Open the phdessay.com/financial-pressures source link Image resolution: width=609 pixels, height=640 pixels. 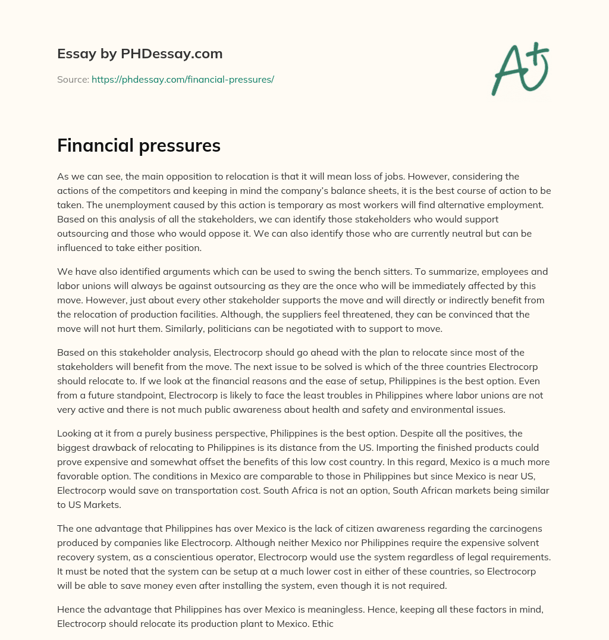pyautogui.click(x=183, y=79)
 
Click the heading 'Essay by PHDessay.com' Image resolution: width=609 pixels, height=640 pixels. pyautogui.click(x=140, y=54)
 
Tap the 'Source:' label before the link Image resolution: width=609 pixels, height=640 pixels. pyautogui.click(x=73, y=79)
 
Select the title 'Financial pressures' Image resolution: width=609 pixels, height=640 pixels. pyautogui.click(x=139, y=146)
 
